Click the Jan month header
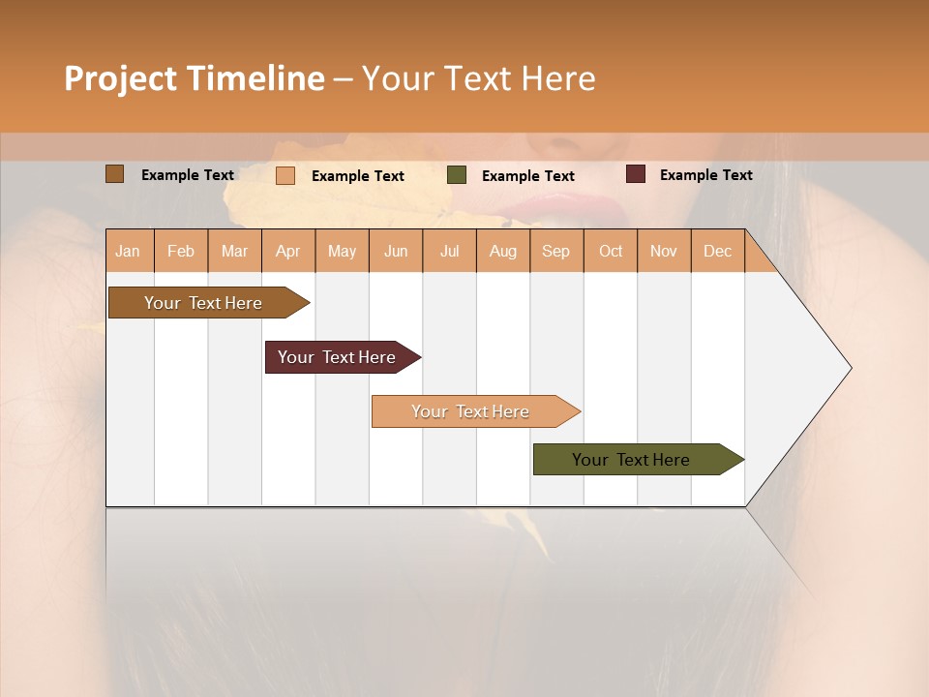(128, 251)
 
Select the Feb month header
(181, 251)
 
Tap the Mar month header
(234, 251)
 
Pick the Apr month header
(287, 251)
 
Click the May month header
(342, 251)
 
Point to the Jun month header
(396, 251)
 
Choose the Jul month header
(449, 251)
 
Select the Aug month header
(502, 251)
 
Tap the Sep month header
(555, 251)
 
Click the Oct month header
(611, 251)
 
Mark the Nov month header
(664, 251)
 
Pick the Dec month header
(717, 251)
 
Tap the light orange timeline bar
(471, 411)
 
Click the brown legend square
(114, 174)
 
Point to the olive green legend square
(457, 175)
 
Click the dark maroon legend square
(636, 174)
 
